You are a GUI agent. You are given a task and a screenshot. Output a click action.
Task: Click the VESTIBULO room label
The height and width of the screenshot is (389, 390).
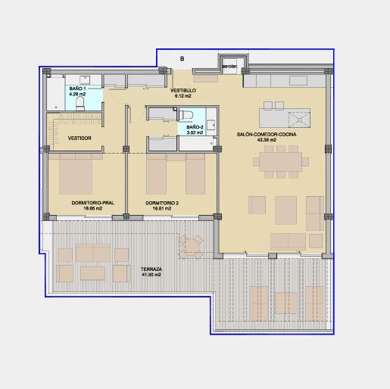pos(183,90)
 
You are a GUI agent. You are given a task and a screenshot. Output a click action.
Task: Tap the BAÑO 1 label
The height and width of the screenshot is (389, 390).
pos(77,89)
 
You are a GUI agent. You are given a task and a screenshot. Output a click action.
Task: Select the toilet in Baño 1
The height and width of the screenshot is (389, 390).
pos(80,104)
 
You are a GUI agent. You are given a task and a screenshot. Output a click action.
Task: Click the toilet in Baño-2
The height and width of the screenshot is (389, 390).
pos(186,115)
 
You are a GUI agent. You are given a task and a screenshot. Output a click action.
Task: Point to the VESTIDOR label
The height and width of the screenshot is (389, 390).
pos(80,138)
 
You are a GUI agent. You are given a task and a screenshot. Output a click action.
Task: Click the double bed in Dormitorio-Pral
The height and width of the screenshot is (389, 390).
pos(76,174)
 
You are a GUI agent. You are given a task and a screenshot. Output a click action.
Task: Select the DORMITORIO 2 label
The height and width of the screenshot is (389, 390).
pos(162,203)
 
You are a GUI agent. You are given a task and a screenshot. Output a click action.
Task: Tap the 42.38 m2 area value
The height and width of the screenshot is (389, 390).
pos(267,140)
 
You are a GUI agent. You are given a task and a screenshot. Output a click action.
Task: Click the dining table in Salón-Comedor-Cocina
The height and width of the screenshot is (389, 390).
pos(281,162)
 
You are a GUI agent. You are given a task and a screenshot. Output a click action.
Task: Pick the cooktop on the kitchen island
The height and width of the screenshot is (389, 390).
pos(299,118)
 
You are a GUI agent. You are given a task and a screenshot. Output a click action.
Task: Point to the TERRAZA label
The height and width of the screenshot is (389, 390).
pos(151,269)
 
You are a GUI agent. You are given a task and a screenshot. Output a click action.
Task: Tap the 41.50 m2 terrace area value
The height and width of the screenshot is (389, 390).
pos(151,275)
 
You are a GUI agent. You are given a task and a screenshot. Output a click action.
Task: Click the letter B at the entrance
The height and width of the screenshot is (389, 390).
pos(182,59)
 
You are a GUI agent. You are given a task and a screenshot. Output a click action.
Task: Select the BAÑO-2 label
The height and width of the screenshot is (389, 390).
pos(195,127)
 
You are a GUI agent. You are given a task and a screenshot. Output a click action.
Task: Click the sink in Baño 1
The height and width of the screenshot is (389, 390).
pos(85,80)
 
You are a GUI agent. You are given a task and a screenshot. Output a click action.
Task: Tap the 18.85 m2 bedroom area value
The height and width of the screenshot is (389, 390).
pos(93,209)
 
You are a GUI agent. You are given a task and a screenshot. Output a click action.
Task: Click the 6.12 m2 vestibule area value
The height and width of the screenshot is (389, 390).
pos(183,96)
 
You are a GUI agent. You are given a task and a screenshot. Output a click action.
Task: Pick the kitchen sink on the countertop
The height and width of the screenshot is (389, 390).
pos(298,81)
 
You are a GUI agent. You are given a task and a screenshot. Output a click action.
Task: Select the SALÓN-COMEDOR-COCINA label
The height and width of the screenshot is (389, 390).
pos(267,135)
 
